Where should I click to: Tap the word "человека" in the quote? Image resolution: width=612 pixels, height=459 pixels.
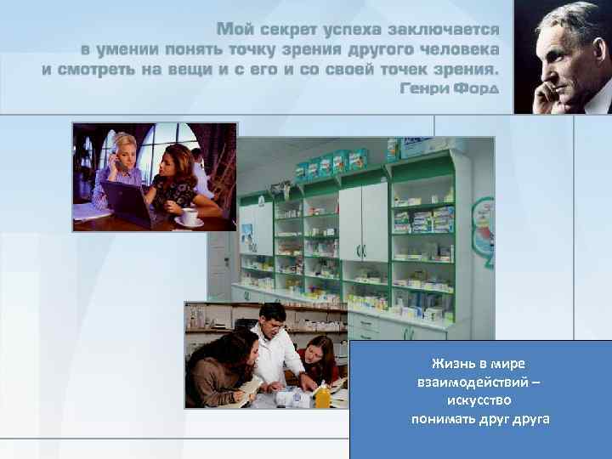(458, 49)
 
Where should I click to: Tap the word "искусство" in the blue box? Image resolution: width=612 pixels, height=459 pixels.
(478, 399)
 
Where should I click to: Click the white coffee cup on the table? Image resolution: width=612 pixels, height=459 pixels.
(188, 216)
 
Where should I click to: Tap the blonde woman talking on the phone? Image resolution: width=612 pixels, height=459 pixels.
(119, 170)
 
